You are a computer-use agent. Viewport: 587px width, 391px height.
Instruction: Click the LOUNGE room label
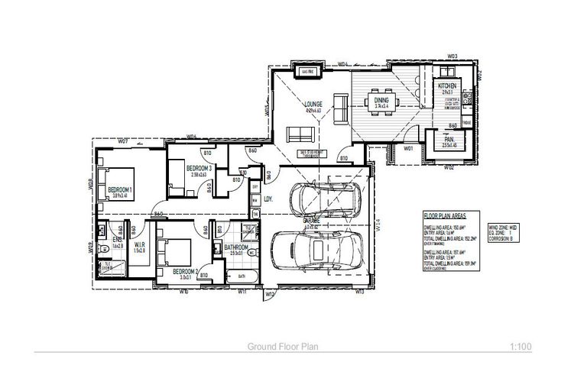[x=313, y=104]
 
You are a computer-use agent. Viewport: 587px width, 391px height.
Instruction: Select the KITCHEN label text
[x=447, y=86]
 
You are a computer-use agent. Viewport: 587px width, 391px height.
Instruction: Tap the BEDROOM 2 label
[x=186, y=272]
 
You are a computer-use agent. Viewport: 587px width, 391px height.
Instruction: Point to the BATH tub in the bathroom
[x=241, y=276]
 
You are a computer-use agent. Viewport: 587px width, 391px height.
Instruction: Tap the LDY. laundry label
[x=268, y=200]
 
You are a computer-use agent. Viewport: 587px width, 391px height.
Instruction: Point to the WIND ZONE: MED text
[x=504, y=227]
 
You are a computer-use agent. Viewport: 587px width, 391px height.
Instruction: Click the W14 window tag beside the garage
[x=378, y=226]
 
